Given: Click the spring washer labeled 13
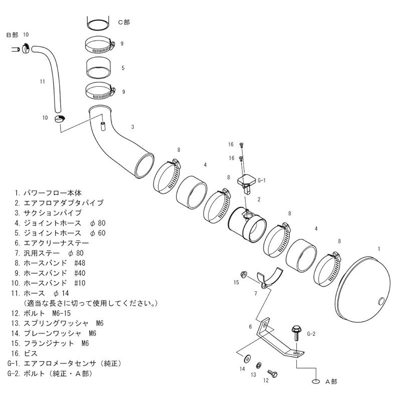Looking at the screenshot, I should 259,365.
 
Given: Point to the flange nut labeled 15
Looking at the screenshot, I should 242,274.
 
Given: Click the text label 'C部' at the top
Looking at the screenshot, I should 123,22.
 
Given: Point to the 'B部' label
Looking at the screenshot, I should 12,35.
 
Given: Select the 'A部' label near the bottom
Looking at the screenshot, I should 331,382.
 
